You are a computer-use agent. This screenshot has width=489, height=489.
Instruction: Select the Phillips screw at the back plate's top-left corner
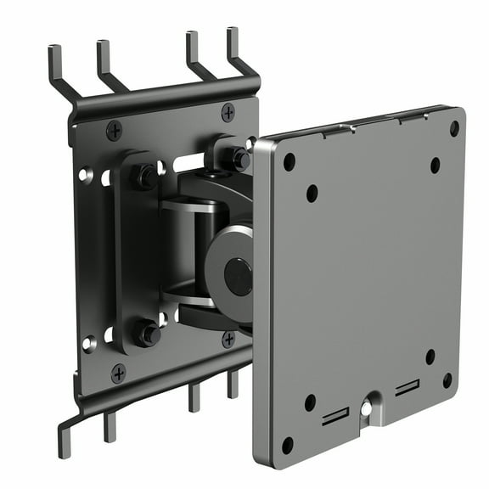point(114,130)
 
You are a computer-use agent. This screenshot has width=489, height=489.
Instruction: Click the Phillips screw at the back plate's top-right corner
point(228,112)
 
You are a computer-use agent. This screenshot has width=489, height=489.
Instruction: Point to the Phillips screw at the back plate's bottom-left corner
point(118,373)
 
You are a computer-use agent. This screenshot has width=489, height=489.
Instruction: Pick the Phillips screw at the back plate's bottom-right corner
point(228,339)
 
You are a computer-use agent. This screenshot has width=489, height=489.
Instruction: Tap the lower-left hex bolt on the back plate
point(149,334)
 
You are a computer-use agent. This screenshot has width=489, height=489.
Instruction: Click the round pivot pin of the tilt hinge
point(237,277)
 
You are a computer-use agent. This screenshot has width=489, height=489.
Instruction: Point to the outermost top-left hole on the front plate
point(289,161)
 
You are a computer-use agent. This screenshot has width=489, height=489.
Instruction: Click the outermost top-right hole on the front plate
point(454,128)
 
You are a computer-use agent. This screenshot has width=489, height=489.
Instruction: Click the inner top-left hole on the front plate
point(312,193)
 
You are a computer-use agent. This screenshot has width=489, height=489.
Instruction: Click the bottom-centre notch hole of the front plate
point(366,408)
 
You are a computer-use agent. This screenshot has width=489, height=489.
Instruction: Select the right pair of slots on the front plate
point(407,389)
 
